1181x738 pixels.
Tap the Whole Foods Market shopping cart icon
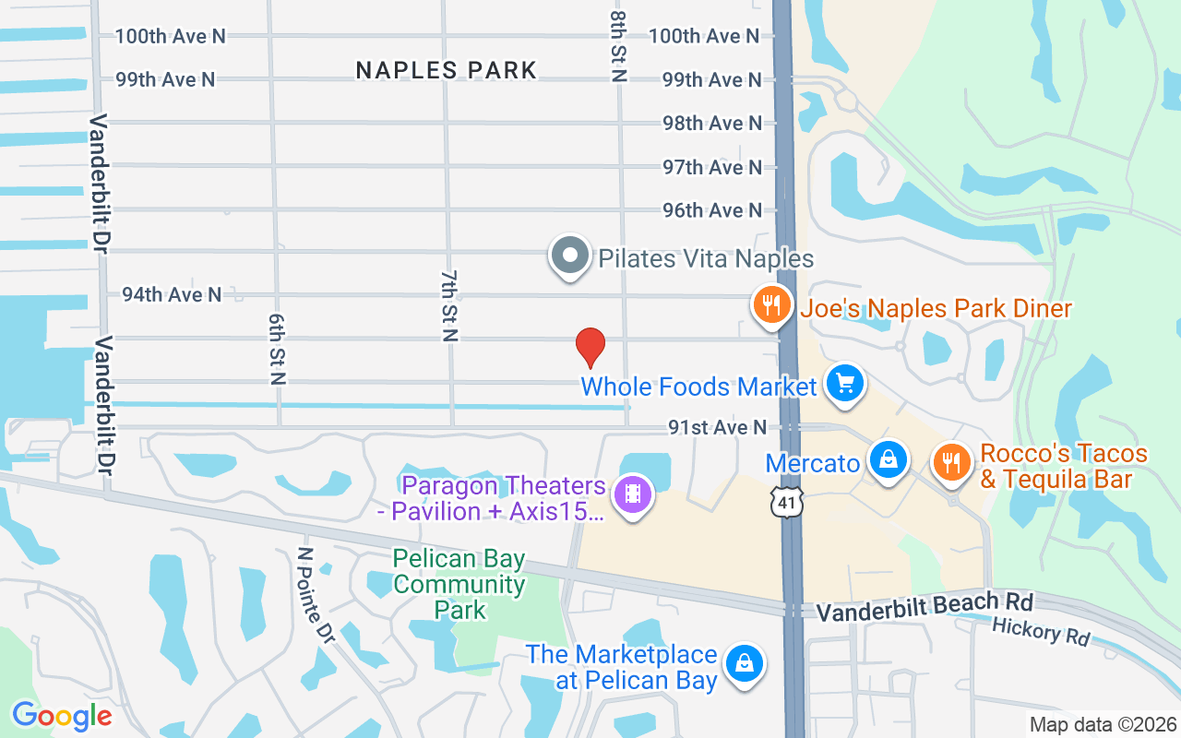(x=844, y=383)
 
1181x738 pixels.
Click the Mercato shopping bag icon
(x=888, y=459)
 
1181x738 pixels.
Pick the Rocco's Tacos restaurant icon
(x=950, y=462)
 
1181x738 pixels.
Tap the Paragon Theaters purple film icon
(x=633, y=494)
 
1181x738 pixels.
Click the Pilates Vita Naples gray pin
(x=570, y=256)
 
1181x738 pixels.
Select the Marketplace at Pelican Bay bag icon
(x=743, y=663)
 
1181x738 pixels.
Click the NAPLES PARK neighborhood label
(x=447, y=70)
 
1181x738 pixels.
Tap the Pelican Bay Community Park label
(x=459, y=584)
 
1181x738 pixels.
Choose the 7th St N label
(x=449, y=306)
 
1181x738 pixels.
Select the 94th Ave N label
(x=172, y=294)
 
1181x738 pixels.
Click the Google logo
(x=62, y=715)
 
